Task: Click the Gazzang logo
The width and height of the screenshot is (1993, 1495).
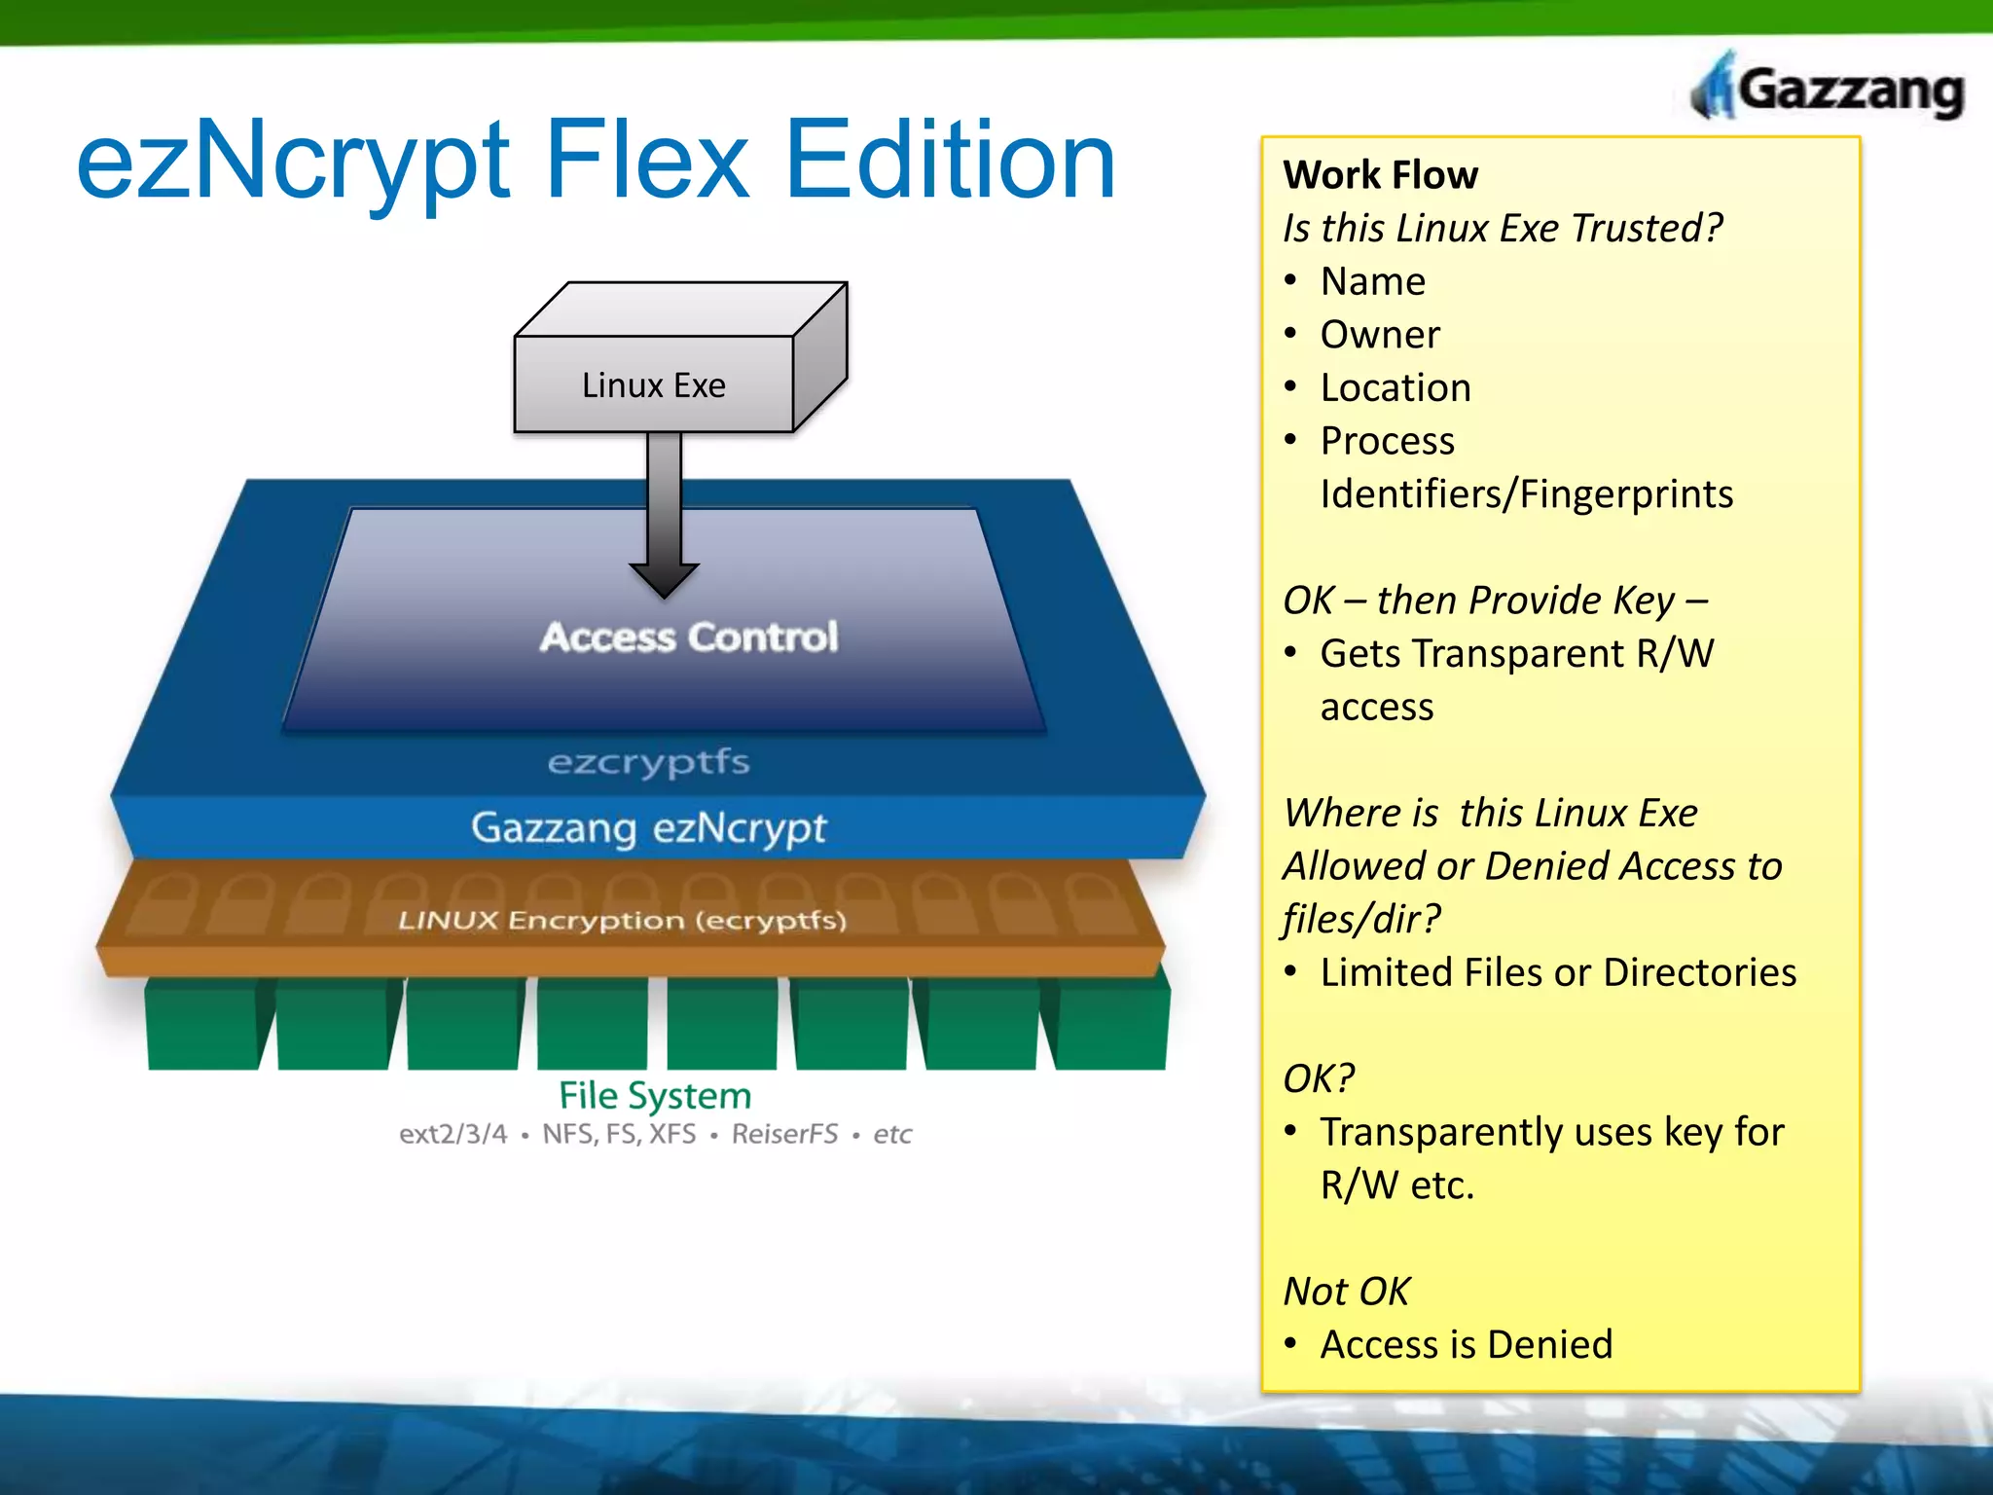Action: [x=1830, y=90]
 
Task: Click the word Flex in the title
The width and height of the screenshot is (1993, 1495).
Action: [x=646, y=161]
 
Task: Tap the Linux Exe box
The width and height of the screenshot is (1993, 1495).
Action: [x=654, y=385]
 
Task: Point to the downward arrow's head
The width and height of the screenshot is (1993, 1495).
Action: [x=664, y=581]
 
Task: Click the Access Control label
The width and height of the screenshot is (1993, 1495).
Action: [x=689, y=637]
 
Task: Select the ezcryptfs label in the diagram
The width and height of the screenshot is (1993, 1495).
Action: [x=648, y=761]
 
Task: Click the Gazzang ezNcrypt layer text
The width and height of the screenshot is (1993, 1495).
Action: [x=648, y=827]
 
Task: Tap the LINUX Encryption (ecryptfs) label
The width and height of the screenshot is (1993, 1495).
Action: [x=622, y=920]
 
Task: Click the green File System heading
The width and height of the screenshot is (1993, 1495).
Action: [x=654, y=1096]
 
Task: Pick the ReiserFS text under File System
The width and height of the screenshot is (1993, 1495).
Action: [x=784, y=1134]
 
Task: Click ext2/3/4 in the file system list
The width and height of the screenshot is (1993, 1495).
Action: [x=453, y=1134]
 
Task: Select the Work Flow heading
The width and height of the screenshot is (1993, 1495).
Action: [x=1380, y=175]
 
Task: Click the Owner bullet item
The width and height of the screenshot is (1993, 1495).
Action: [x=1379, y=335]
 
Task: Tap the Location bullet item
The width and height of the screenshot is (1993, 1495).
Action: [x=1395, y=388]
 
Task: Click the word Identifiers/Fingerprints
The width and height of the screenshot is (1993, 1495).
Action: [x=1526, y=494]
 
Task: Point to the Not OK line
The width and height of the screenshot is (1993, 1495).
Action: [x=1346, y=1292]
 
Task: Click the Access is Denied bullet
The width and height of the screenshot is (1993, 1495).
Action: [x=1466, y=1345]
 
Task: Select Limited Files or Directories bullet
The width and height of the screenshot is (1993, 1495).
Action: [x=1557, y=973]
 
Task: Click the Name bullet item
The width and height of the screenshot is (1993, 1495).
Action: [x=1372, y=282]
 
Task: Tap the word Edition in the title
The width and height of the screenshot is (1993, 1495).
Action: [x=950, y=161]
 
